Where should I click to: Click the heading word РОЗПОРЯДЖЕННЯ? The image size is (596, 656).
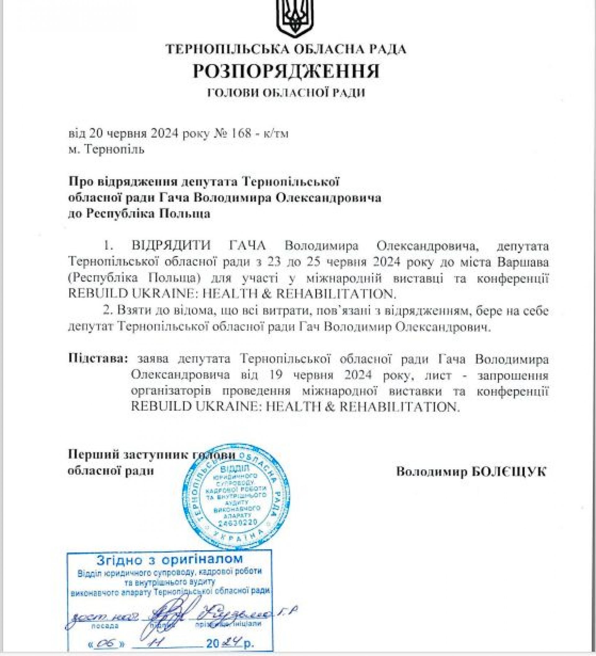coord(286,71)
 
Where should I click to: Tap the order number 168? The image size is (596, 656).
coord(240,134)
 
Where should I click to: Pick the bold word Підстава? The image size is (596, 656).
coord(97,359)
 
